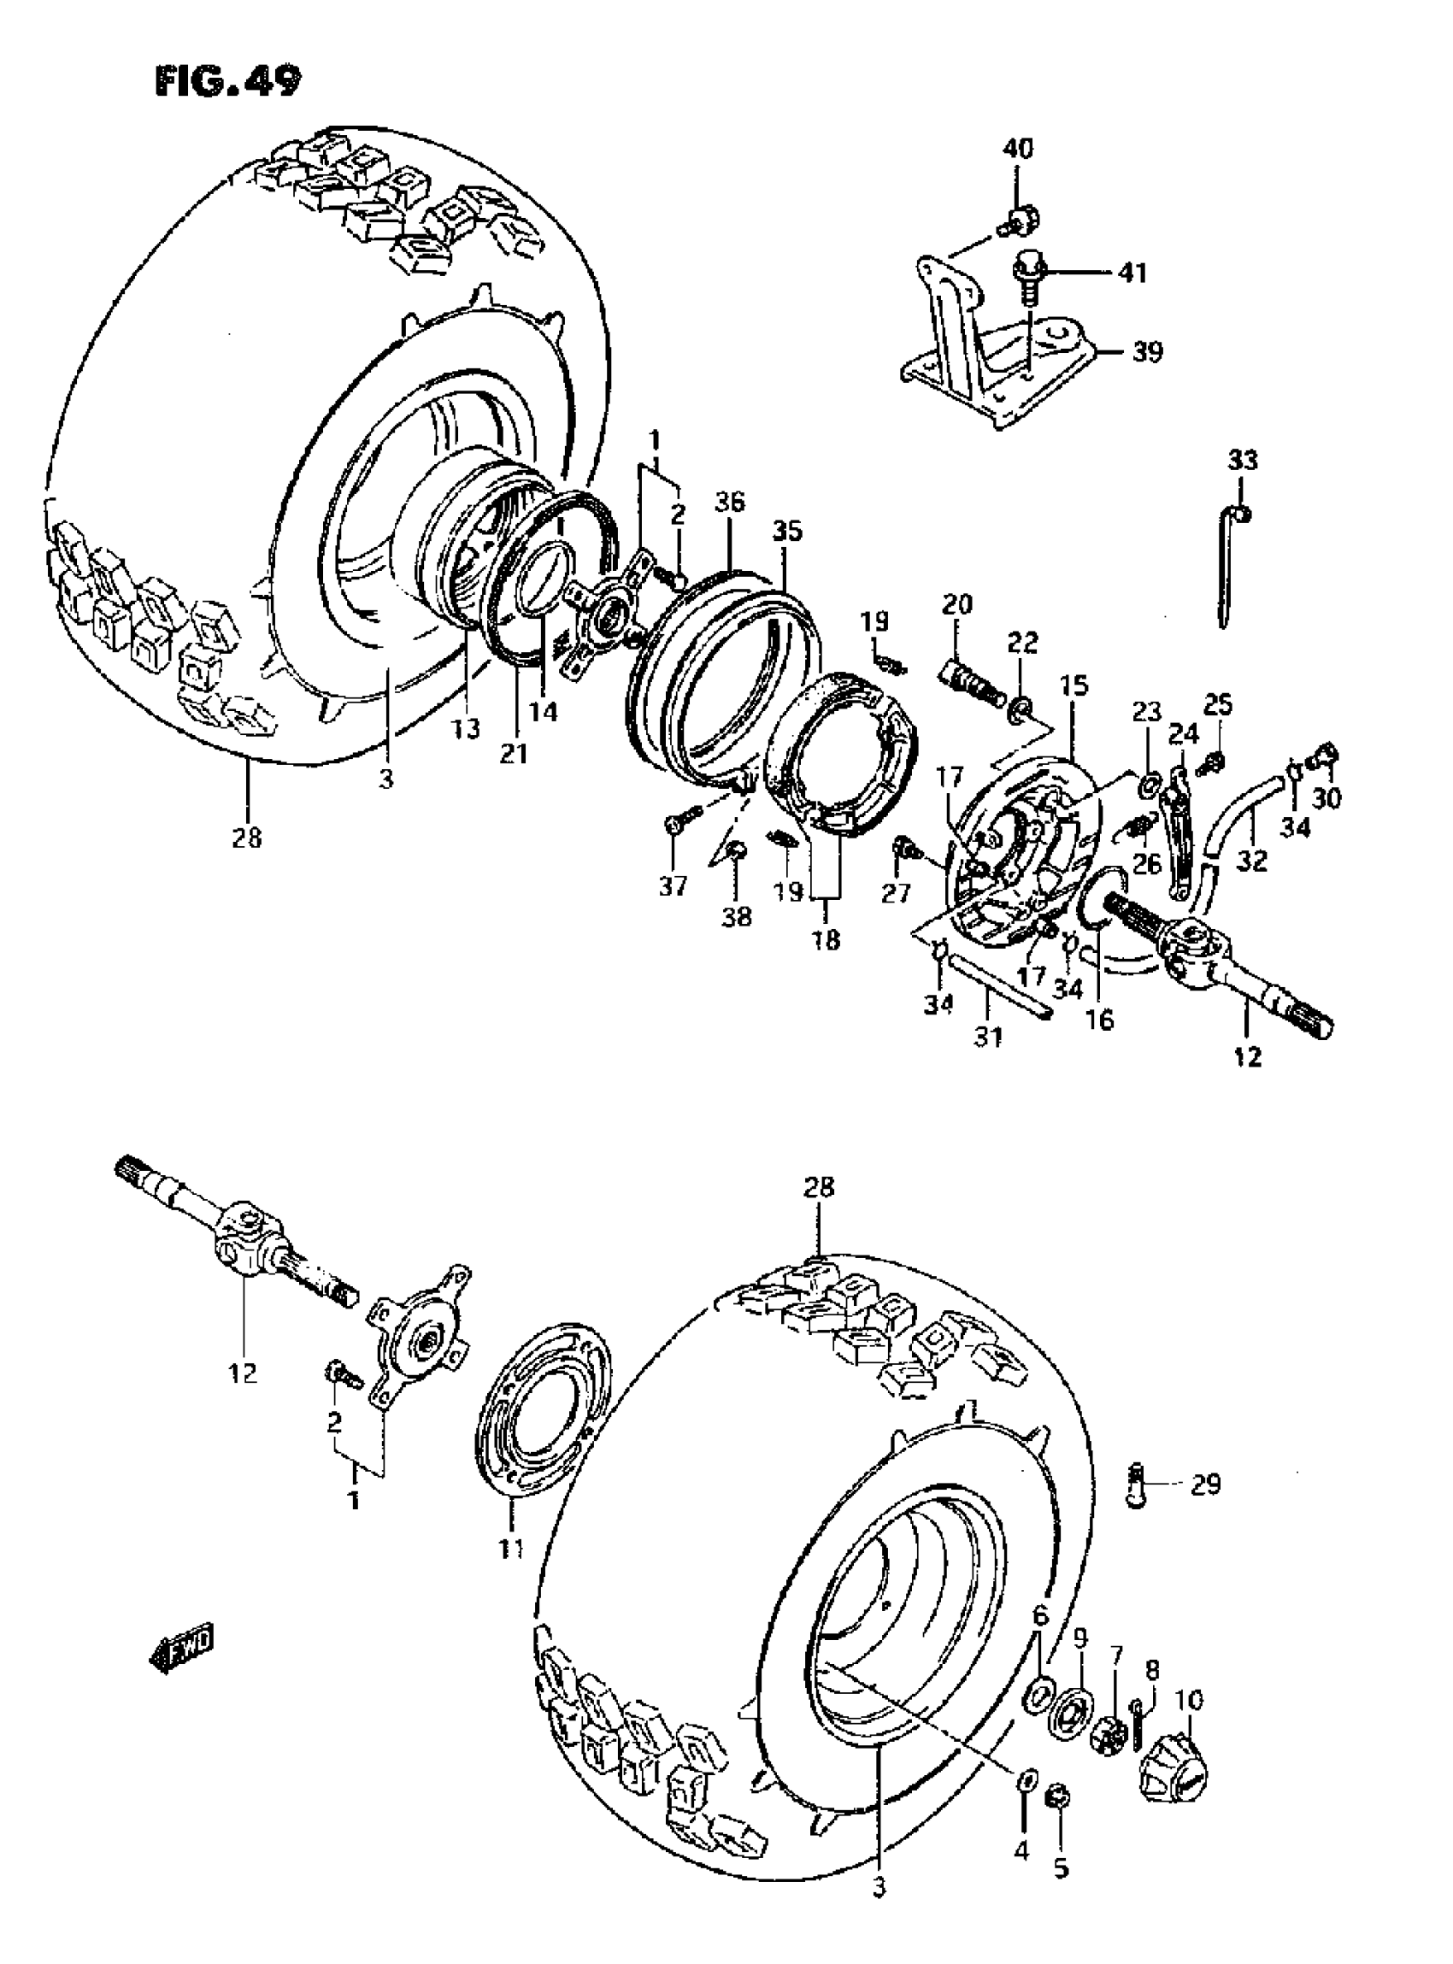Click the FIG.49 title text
[x=226, y=81]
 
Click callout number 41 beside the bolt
[x=1132, y=273]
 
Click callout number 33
[x=1243, y=460]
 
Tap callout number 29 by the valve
[x=1206, y=1485]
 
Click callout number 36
[x=730, y=503]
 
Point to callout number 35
[x=787, y=532]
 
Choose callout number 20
[x=957, y=604]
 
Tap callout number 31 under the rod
[x=988, y=1038]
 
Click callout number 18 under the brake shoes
[x=826, y=939]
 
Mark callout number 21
[x=514, y=753]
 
